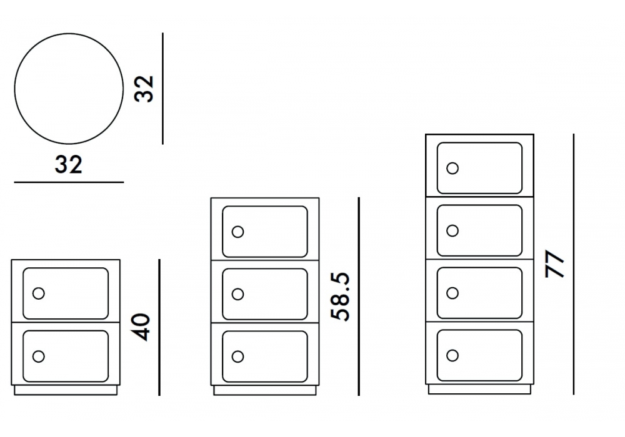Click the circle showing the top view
coord(69,89)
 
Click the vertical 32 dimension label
coord(145,89)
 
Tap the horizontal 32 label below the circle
coord(69,164)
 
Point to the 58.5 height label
coord(342,297)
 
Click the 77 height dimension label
coord(554,264)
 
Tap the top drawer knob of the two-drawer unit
coord(39,293)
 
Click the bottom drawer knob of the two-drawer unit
coord(39,356)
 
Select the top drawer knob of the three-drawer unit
coord(237,232)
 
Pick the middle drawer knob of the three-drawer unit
coord(237,293)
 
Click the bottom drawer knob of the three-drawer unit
coord(237,356)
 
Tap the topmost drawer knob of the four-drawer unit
coord(452,168)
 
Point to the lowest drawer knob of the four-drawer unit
coord(452,355)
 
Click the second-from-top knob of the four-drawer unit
coord(452,230)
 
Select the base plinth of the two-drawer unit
coord(66,390)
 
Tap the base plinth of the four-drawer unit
coord(479,390)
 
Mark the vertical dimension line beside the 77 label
coord(573,264)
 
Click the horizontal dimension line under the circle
coord(69,182)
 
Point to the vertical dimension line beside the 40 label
coord(159,327)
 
